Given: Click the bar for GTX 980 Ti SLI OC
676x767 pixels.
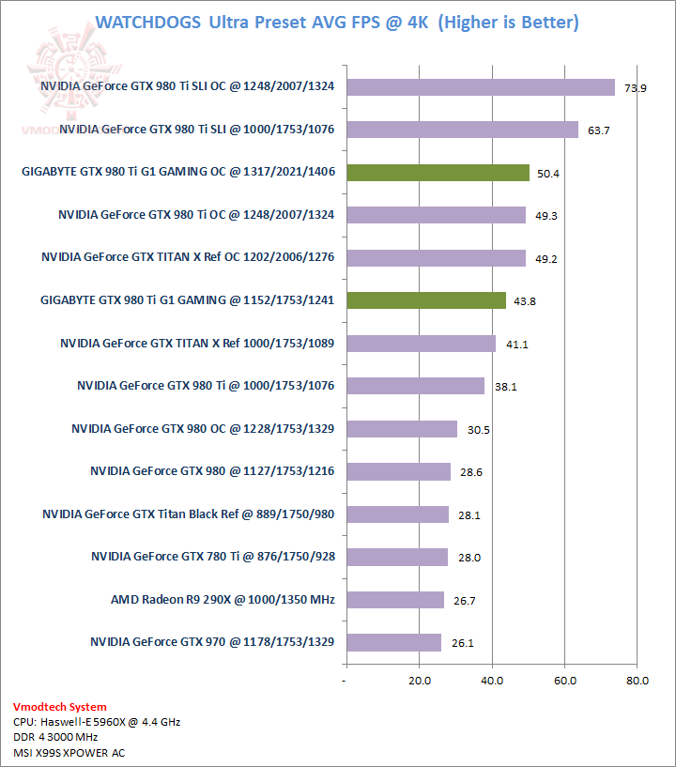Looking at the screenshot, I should click(480, 87).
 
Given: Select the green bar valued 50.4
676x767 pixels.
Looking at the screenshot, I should click(438, 172).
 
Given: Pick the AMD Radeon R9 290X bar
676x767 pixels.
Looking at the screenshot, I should click(394, 599).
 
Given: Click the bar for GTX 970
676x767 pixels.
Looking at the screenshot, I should click(392, 642).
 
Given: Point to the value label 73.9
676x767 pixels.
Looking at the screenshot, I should click(636, 88).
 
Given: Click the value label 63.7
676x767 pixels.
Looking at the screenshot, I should click(598, 130).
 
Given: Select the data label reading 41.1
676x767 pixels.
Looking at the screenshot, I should click(516, 345).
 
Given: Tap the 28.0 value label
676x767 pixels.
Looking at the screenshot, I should click(469, 558).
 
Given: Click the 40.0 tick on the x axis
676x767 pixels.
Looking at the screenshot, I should click(491, 681).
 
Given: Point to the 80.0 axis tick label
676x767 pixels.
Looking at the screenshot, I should click(638, 681).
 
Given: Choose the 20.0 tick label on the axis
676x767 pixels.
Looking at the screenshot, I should click(419, 681).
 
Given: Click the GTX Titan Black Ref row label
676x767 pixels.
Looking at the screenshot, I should click(189, 514).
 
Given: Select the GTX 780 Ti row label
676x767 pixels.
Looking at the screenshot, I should click(213, 556).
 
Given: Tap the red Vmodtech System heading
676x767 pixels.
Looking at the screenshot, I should click(60, 707).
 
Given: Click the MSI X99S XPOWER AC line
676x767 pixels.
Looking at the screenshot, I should click(69, 752).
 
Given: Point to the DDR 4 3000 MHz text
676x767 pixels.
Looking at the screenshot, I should click(62, 737).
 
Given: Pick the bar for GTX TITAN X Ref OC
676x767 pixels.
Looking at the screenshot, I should click(436, 258).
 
